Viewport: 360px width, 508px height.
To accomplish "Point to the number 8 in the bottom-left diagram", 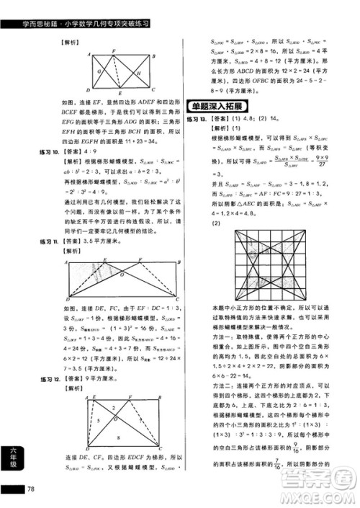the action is pos(119,437).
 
